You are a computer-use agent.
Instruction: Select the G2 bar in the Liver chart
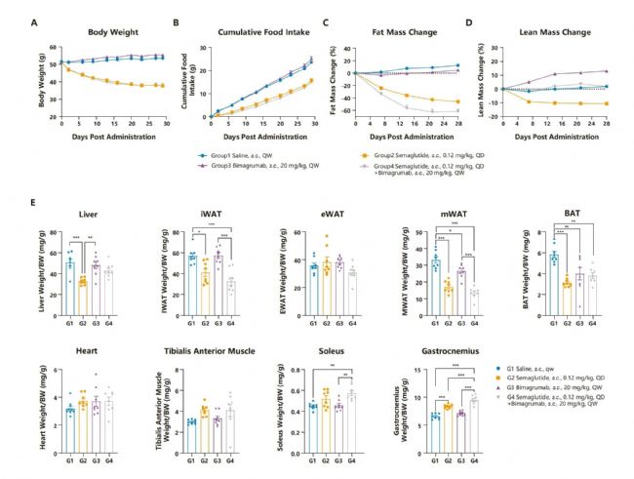(83, 297)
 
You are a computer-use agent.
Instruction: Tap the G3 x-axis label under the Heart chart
(96, 457)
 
